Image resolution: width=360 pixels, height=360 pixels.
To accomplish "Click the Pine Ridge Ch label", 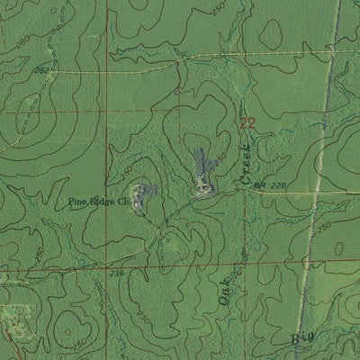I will pos(100,203).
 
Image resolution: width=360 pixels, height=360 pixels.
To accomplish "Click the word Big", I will pos(304,339).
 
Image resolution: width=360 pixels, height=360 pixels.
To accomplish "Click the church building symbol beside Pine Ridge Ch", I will pos(139,193).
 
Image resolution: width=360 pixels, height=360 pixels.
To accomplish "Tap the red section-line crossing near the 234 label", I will pos(107,267).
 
